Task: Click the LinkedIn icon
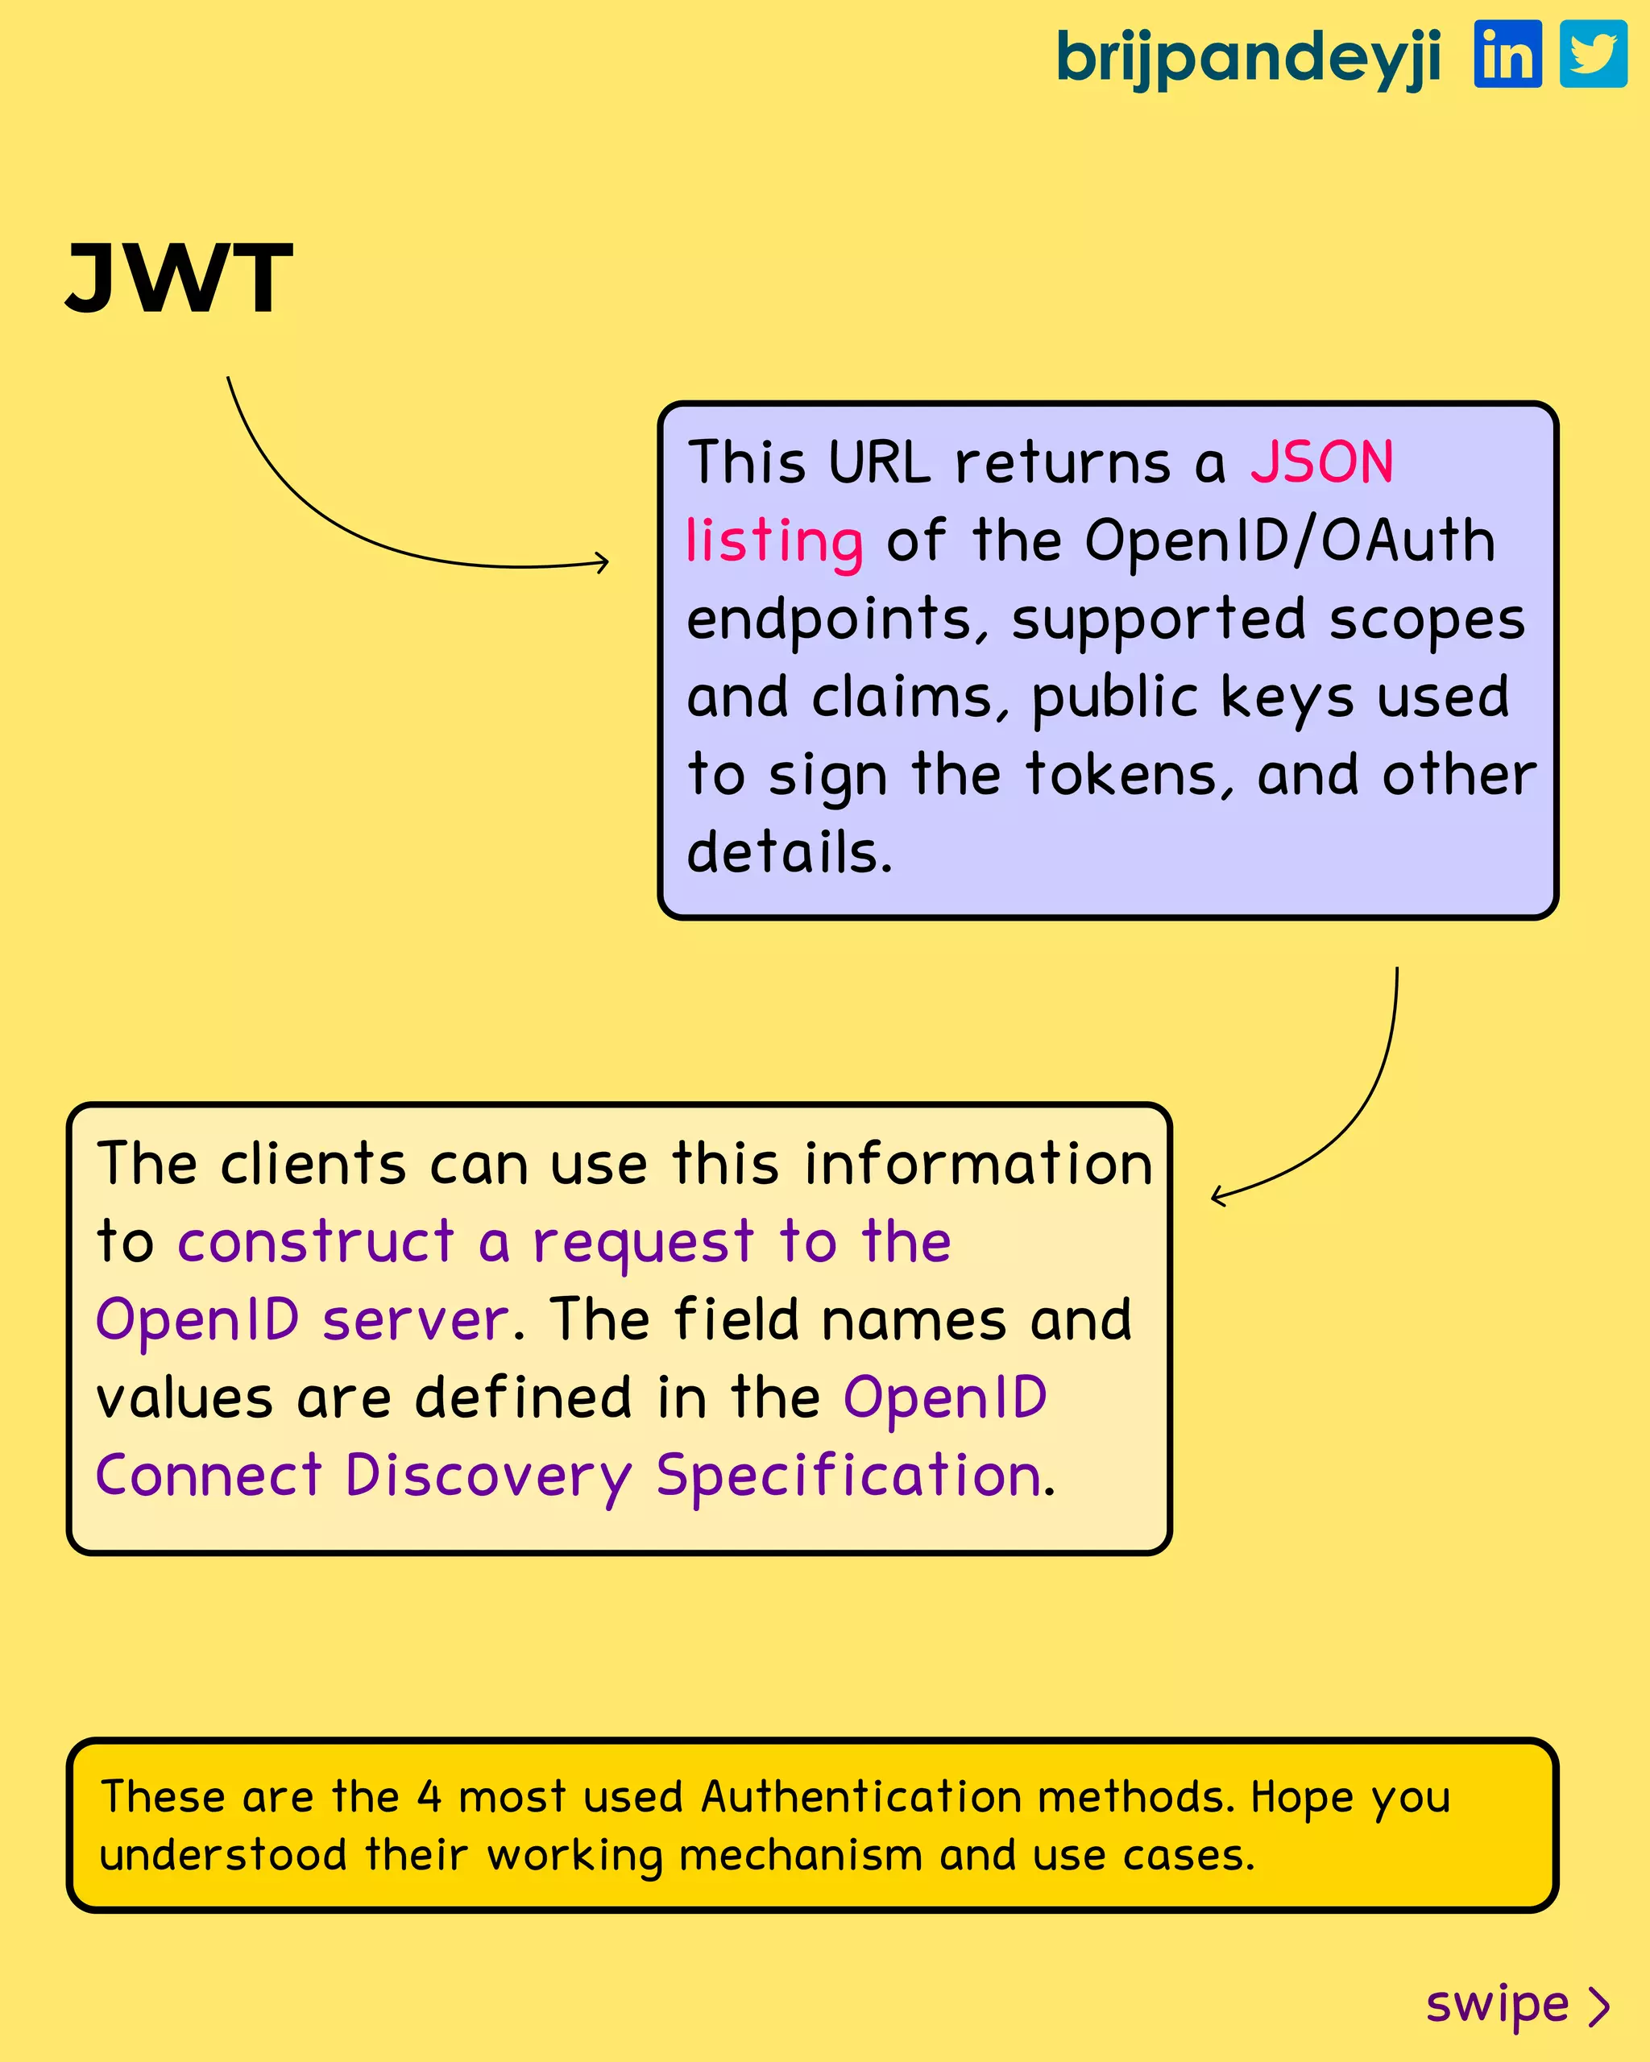(1507, 55)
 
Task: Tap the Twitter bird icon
(1594, 55)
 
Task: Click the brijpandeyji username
(1248, 60)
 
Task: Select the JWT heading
(179, 279)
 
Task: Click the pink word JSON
(1322, 463)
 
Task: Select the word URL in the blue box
(879, 463)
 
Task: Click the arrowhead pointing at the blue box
(603, 562)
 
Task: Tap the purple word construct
(316, 1242)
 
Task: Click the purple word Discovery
(487, 1476)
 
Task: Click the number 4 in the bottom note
(429, 1797)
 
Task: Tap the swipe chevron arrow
(1599, 2006)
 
